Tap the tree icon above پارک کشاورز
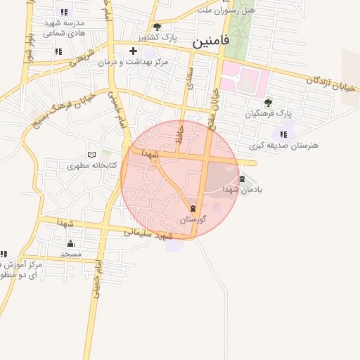pyautogui.click(x=156, y=27)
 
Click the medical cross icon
pyautogui.click(x=133, y=51)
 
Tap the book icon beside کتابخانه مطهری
pyautogui.click(x=91, y=155)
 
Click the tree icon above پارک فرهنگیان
pyautogui.click(x=268, y=103)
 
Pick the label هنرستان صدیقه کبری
pyautogui.click(x=283, y=145)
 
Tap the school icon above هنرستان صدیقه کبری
pyautogui.click(x=283, y=134)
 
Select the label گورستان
pyautogui.click(x=192, y=219)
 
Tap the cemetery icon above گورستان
pyautogui.click(x=193, y=210)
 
